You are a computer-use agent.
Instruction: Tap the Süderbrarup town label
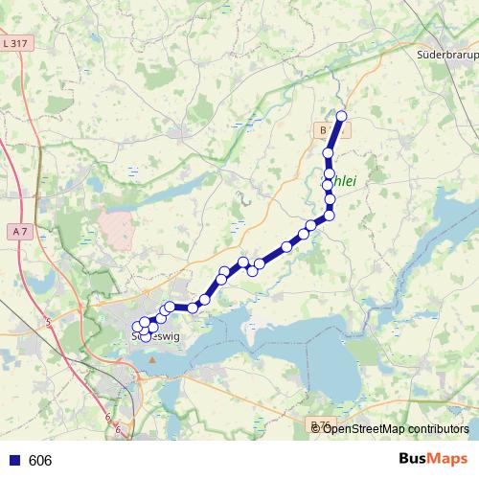pyautogui.click(x=446, y=56)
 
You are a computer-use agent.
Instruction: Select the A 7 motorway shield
pyautogui.click(x=20, y=232)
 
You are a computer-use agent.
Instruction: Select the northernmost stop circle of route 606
pyautogui.click(x=340, y=117)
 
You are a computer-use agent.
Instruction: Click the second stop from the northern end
pyautogui.click(x=329, y=153)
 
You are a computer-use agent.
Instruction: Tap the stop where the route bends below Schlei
pyautogui.click(x=330, y=215)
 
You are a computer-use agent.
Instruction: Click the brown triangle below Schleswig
pyautogui.click(x=151, y=360)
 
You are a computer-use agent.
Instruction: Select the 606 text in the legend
pyautogui.click(x=40, y=461)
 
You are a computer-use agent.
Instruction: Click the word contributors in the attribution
pyautogui.click(x=441, y=428)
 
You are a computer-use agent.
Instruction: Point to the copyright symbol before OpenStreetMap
pyautogui.click(x=317, y=428)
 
